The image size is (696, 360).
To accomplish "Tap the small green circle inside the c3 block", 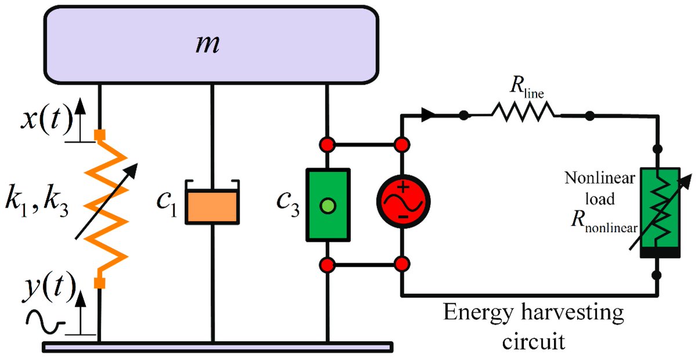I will point(328,205).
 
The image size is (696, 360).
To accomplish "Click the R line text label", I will point(525,90).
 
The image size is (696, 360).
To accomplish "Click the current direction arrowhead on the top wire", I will point(427,115).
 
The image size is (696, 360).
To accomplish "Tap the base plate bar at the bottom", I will point(217,347).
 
